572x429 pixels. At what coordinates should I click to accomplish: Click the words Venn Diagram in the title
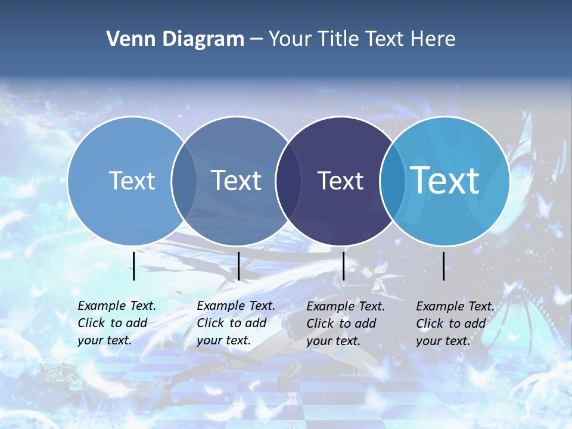click(175, 39)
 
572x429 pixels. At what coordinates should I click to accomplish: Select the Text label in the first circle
click(132, 181)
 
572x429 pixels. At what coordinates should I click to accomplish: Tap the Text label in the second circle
click(237, 181)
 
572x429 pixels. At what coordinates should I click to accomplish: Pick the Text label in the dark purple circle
click(340, 181)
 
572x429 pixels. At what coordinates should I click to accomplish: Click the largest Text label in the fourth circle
click(445, 181)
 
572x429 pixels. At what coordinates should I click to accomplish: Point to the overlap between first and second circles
click(184, 181)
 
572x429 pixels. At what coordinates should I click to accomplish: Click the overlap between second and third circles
click(288, 181)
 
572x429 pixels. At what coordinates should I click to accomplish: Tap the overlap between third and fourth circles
click(392, 181)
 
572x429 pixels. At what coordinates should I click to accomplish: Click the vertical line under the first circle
click(134, 266)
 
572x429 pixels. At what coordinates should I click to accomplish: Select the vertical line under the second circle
click(238, 266)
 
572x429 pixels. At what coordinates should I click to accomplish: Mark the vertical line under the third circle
click(344, 266)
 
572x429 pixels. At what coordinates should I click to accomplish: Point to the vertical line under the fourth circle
click(444, 266)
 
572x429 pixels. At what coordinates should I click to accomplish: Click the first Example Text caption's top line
click(117, 306)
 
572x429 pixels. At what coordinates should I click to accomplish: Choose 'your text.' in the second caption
click(223, 341)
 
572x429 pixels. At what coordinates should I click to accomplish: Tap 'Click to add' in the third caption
click(341, 324)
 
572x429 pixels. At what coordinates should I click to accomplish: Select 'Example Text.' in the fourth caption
click(455, 306)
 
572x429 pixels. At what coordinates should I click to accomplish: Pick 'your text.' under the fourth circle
click(443, 341)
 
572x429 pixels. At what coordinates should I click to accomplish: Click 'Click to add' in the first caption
click(113, 323)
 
